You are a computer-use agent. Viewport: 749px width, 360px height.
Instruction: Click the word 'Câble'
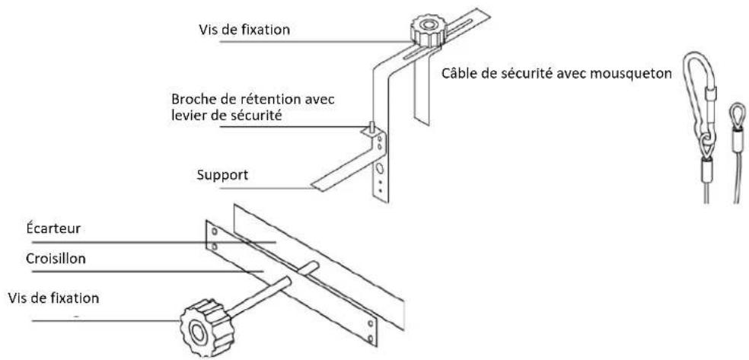coord(457,75)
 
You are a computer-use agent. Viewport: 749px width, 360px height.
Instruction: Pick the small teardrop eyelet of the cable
coord(737,112)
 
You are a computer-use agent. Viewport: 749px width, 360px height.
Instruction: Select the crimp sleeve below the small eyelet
coord(736,141)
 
